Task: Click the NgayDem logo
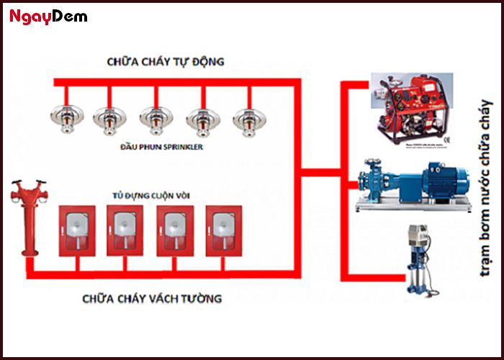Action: click(x=48, y=17)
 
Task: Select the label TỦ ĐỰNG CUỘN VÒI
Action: click(x=148, y=194)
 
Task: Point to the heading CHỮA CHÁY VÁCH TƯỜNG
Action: click(x=152, y=297)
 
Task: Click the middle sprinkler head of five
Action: click(x=156, y=116)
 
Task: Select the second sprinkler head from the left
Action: click(x=109, y=116)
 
